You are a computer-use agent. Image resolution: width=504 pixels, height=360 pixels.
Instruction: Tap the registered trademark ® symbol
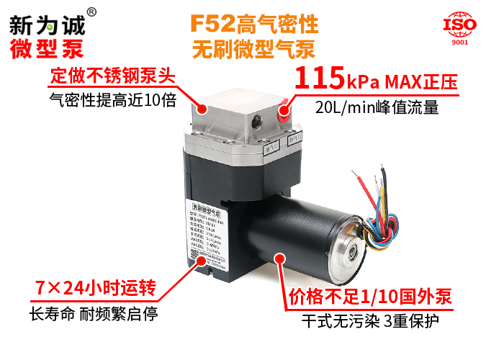91,12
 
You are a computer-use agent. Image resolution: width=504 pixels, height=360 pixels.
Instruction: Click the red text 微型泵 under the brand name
47,48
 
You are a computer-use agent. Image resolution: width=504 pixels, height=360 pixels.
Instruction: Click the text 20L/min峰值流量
377,108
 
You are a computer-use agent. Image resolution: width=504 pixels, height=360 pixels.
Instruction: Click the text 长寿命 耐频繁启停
93,315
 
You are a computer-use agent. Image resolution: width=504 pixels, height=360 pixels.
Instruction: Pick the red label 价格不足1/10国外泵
369,297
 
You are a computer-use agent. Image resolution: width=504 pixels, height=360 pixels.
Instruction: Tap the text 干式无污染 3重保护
369,320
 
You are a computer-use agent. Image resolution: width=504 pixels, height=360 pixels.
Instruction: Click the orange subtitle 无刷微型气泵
253,50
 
